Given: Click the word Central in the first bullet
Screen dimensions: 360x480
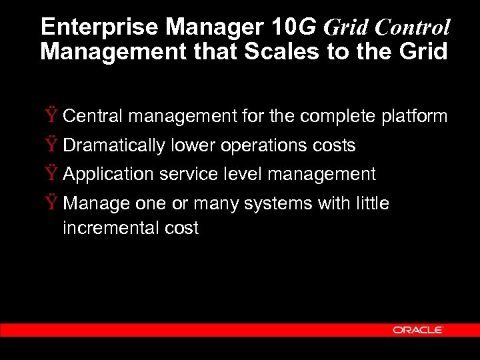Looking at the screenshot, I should [x=93, y=116].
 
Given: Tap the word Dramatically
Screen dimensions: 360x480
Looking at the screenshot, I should [x=114, y=145].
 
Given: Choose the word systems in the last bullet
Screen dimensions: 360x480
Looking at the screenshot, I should [x=275, y=203].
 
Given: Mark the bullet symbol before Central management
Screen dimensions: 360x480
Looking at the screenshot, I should [x=52, y=116].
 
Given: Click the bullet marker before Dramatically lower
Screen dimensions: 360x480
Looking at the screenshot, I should [x=52, y=145].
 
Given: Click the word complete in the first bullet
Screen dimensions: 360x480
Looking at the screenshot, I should [x=338, y=117].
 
